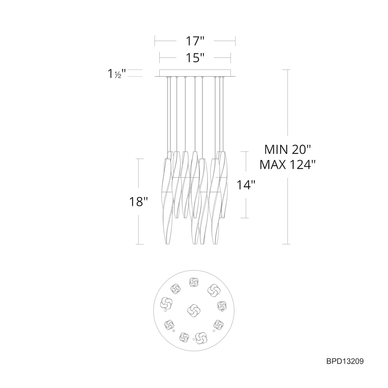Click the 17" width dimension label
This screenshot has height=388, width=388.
[195, 41]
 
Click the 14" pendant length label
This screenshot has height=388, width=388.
[246, 185]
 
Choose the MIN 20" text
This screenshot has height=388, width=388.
[287, 150]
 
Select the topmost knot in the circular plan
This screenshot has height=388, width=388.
[194, 282]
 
